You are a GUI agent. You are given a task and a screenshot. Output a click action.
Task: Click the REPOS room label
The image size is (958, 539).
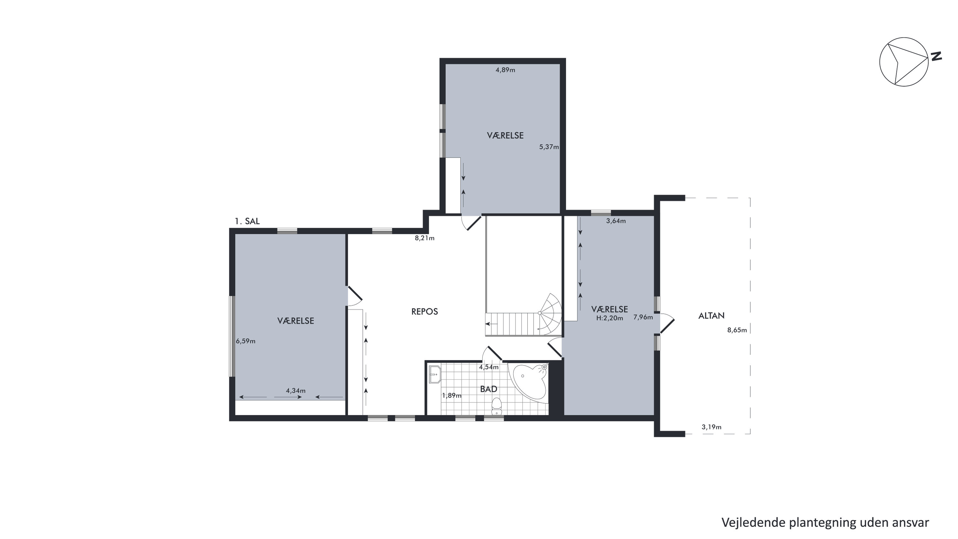[424, 311]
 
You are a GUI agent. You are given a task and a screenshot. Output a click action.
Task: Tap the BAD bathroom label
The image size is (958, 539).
[488, 389]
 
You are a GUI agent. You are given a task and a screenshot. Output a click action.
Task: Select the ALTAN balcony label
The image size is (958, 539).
[711, 316]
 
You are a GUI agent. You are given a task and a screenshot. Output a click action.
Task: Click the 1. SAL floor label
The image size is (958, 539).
[247, 221]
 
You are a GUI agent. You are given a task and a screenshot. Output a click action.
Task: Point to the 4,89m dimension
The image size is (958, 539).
[505, 70]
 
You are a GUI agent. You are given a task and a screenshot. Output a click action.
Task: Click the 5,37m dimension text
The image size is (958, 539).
[549, 147]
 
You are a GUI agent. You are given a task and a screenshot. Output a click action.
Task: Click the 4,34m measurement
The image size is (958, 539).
[296, 390]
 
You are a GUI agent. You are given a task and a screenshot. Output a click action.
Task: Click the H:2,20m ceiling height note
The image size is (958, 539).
[609, 318]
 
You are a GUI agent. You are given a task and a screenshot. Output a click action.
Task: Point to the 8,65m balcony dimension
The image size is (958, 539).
[737, 330]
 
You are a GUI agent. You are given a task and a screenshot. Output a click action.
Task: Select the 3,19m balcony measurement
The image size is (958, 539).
[711, 427]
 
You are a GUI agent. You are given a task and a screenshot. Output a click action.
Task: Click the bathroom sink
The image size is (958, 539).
[435, 374]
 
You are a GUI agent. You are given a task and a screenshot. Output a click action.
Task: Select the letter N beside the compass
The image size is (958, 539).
[936, 57]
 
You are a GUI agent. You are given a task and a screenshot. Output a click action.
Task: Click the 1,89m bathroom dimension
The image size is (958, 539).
[451, 396]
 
